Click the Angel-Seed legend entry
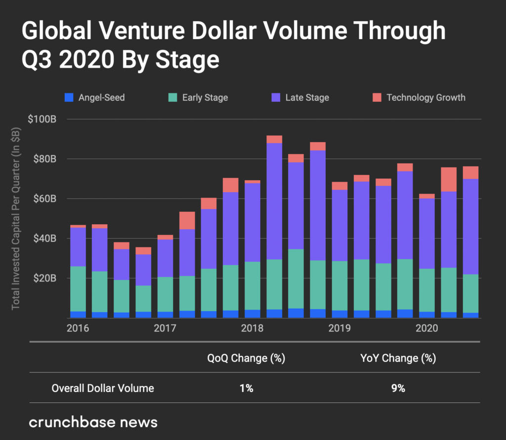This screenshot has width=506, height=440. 96,97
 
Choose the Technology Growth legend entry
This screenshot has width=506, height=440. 420,97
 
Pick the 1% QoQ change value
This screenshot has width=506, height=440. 246,388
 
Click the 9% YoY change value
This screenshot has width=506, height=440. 398,388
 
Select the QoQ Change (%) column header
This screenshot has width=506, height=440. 246,358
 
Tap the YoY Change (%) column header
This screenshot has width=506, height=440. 398,358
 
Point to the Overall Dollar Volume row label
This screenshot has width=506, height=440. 103,388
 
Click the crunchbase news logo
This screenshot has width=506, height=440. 93,422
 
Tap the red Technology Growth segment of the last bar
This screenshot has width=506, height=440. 471,172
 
